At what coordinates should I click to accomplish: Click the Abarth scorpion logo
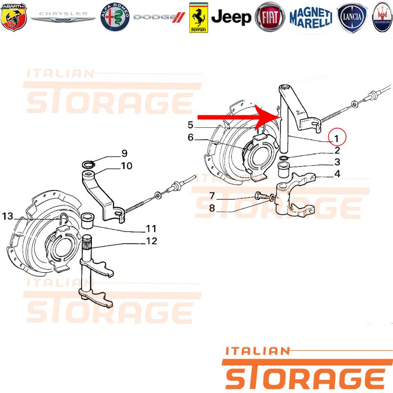click(14, 17)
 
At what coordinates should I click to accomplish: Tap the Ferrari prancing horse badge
click(198, 18)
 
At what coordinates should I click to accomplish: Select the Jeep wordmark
click(231, 17)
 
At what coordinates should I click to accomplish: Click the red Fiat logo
click(270, 17)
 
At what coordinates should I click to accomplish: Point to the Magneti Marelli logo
click(311, 18)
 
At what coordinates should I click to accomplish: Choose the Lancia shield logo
click(352, 18)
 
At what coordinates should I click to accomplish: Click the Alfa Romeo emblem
click(115, 17)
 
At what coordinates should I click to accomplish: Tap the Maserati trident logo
click(382, 17)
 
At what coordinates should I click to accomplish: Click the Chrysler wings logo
click(63, 17)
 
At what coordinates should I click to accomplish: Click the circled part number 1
click(337, 138)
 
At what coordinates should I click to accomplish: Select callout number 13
click(7, 216)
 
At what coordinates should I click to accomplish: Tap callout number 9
click(124, 153)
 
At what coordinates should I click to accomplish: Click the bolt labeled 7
click(261, 196)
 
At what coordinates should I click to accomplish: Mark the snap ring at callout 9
click(89, 165)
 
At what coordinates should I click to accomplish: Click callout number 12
click(151, 241)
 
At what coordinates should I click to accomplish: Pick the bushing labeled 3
click(285, 169)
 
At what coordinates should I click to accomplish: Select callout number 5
click(191, 125)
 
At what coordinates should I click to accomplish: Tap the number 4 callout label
click(337, 174)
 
